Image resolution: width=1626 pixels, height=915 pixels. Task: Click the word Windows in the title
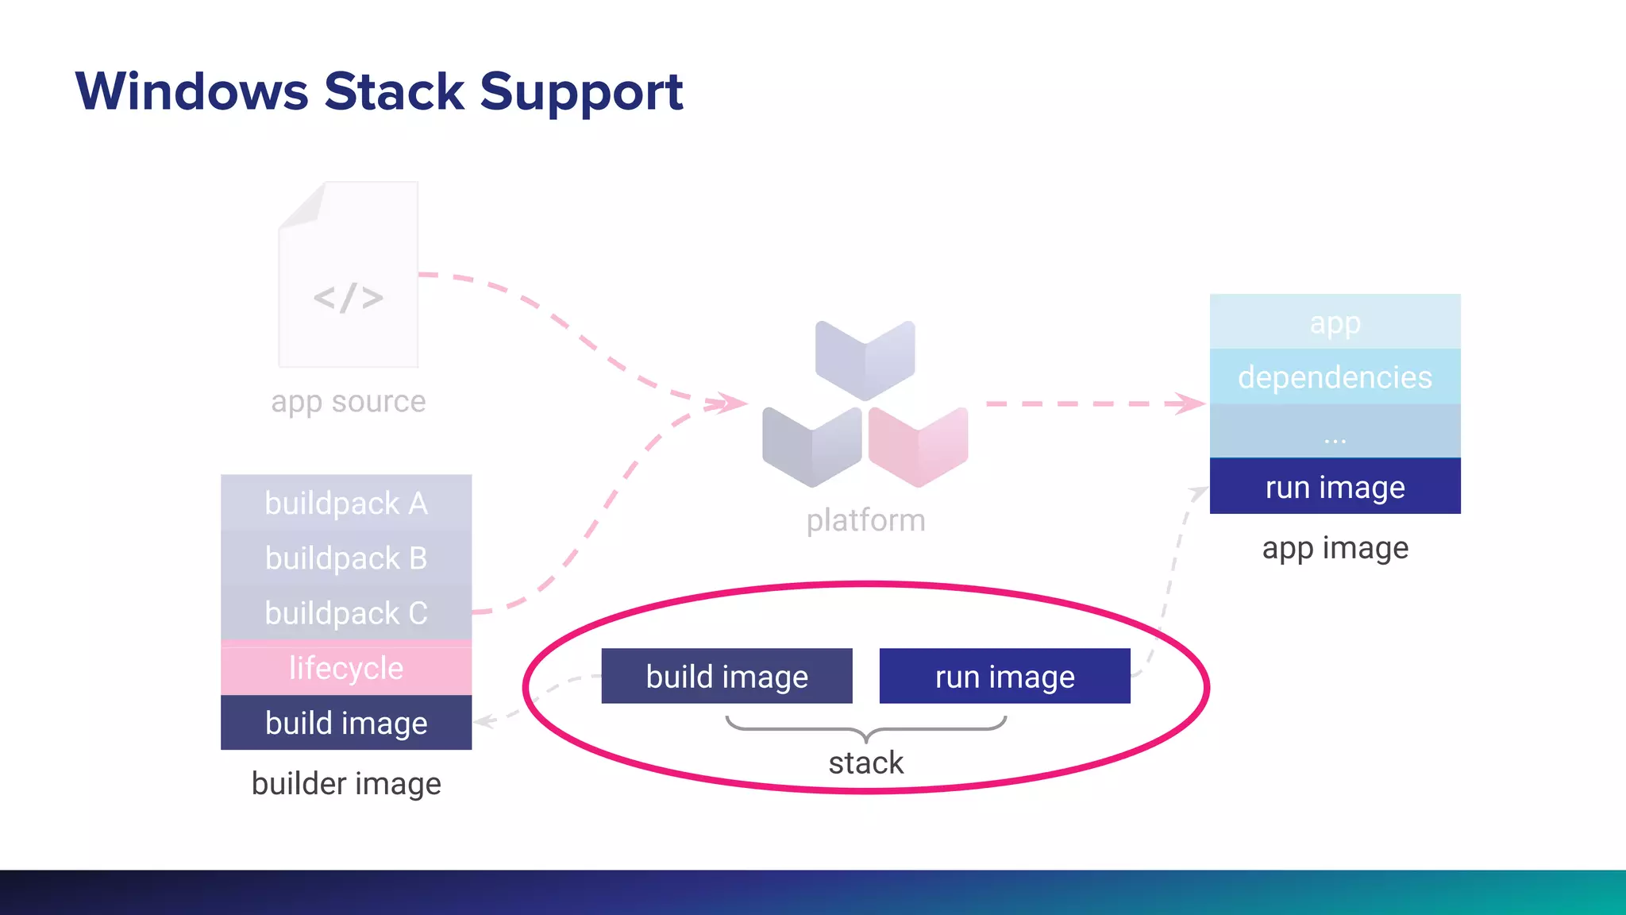[191, 91]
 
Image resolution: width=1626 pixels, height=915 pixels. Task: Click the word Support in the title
[581, 93]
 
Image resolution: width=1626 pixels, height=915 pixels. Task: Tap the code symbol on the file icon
[348, 298]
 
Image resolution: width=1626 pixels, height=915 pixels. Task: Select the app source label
[348, 402]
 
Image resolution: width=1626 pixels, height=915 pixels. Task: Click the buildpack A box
[346, 503]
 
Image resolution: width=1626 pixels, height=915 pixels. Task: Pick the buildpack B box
[346, 558]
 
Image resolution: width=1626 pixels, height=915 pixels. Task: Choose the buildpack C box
[346, 612]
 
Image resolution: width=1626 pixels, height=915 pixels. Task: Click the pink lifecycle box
[346, 667]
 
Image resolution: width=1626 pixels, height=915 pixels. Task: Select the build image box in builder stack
[346, 723]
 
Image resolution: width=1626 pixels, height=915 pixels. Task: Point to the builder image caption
[346, 784]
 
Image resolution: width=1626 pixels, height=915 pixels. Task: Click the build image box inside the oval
[726, 677]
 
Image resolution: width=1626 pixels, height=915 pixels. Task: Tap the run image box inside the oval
[1004, 677]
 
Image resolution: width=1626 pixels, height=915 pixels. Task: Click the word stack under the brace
[865, 763]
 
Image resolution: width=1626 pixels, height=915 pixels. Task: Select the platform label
[865, 521]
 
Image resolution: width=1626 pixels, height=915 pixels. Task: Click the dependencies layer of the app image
[1335, 376]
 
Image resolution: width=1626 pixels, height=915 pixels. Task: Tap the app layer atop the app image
[1335, 322]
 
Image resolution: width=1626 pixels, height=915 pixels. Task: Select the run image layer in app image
[1335, 487]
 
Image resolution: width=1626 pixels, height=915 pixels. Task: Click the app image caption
[1335, 548]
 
